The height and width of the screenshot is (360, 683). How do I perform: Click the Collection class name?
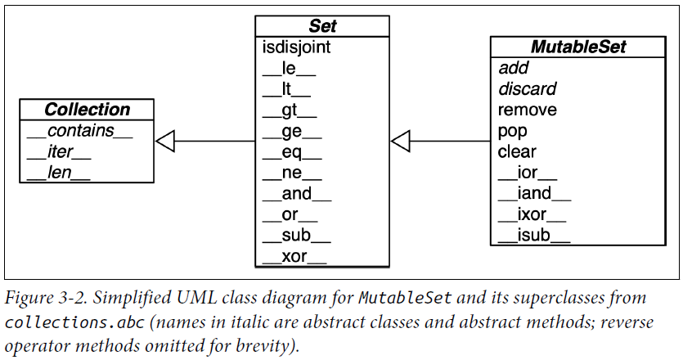point(88,110)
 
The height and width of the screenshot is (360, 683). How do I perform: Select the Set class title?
point(323,27)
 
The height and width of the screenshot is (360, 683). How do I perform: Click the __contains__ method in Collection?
point(79,131)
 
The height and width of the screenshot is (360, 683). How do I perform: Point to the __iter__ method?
point(59,151)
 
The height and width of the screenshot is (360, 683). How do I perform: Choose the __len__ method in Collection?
point(58,172)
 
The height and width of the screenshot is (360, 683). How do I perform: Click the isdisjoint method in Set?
point(297,47)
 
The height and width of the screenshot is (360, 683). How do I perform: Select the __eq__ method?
point(292,153)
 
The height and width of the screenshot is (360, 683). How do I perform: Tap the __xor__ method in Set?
point(294,257)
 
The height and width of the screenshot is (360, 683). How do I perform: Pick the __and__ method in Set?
point(297,194)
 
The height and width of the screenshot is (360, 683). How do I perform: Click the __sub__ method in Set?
point(296,236)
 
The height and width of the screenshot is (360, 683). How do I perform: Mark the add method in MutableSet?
point(514,68)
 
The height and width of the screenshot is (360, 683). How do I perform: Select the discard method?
point(527,88)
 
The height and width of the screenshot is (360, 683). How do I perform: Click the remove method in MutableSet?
point(527,110)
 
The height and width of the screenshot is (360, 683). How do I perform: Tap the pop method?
point(512,131)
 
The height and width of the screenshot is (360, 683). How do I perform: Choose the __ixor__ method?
point(532,215)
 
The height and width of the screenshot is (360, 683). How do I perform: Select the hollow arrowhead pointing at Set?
point(400,142)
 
